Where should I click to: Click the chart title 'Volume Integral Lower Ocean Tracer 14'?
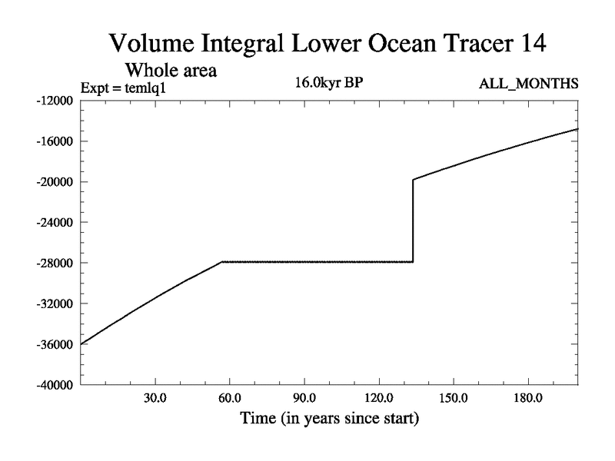pyautogui.click(x=328, y=43)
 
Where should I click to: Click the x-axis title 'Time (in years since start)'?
pyautogui.click(x=329, y=420)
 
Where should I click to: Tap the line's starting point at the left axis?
pyautogui.click(x=81, y=343)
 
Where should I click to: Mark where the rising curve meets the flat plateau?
pyautogui.click(x=222, y=262)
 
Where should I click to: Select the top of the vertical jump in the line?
pyautogui.click(x=414, y=180)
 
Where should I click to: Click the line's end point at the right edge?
pyautogui.click(x=577, y=129)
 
